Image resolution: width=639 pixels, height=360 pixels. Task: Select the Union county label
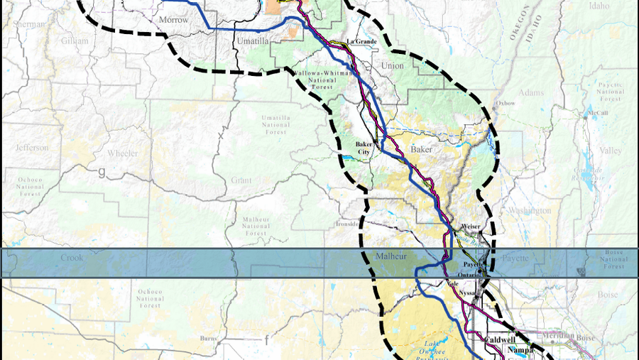click(393, 66)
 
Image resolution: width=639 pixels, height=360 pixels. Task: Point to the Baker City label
click(364, 148)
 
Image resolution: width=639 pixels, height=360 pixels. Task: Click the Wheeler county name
click(122, 153)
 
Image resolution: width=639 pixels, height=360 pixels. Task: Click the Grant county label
click(241, 180)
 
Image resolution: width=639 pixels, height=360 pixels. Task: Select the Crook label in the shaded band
click(71, 258)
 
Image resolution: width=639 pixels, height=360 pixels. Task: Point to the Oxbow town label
click(506, 103)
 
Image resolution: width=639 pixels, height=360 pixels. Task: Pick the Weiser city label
click(471, 227)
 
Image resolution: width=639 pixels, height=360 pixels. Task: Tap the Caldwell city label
click(499, 340)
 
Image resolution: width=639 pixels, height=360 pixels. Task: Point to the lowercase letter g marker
click(102, 171)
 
